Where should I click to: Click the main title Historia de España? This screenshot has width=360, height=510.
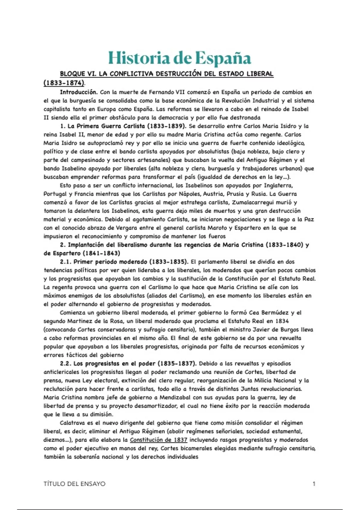click(179, 58)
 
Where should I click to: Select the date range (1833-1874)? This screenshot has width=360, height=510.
click(64, 83)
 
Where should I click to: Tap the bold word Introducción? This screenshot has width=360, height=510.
click(79, 92)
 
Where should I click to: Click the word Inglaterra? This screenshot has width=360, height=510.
click(278, 185)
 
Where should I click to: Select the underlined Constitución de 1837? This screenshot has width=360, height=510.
click(158, 440)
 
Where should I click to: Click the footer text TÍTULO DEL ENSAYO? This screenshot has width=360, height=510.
click(74, 484)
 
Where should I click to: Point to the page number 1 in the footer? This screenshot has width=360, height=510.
click(314, 484)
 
